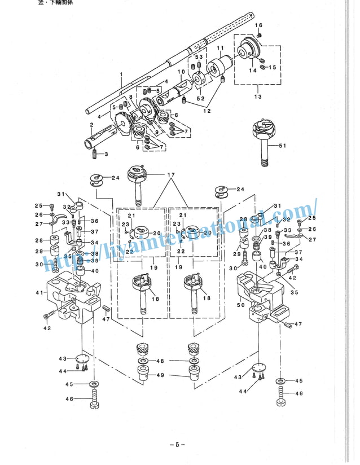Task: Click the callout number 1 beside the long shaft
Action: tap(121, 74)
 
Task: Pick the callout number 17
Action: tap(170, 175)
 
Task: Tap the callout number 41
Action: tap(38, 292)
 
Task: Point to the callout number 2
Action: tap(91, 125)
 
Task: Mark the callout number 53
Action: tap(199, 58)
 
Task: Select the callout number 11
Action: tap(220, 48)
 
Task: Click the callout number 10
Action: tap(181, 72)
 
